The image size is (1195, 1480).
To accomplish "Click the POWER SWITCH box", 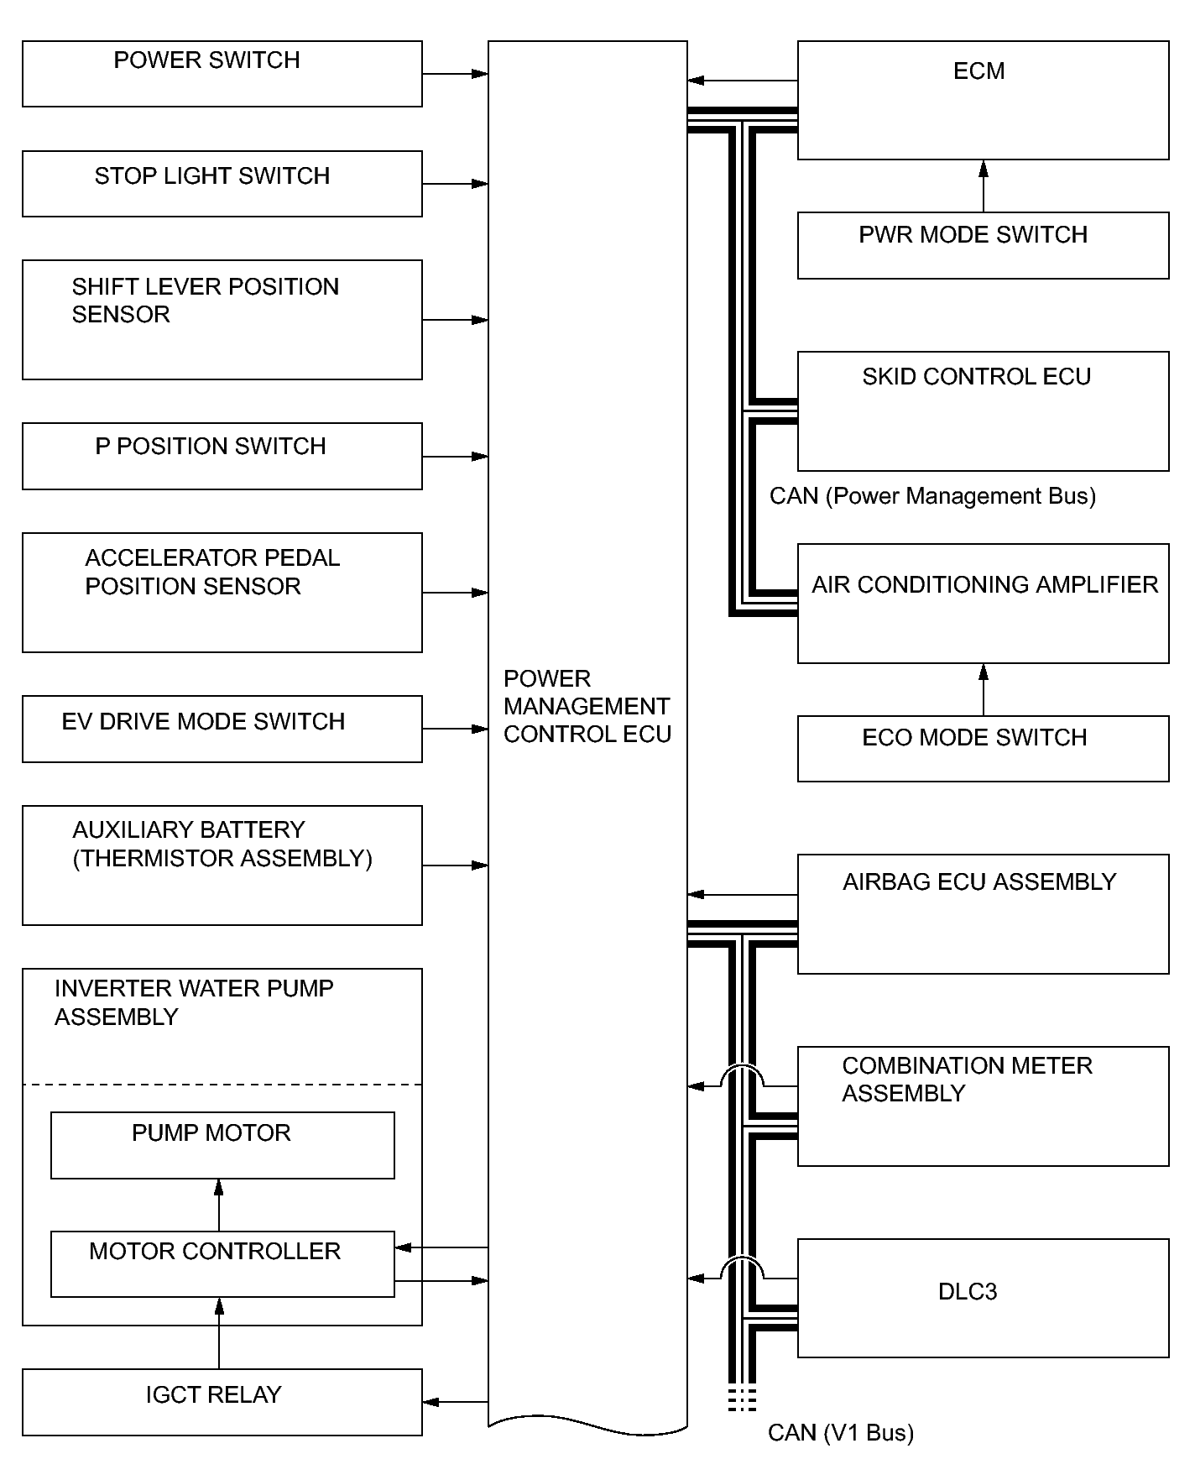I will pos(222,74).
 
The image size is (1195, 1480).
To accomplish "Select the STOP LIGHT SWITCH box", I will pos(222,184).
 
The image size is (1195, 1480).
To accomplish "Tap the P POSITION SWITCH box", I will pos(222,456).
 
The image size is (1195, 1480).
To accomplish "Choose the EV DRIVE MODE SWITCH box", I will pos(222,729).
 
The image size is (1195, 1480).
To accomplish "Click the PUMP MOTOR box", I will pos(222,1145).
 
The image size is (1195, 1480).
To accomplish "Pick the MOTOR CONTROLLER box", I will pos(222,1263).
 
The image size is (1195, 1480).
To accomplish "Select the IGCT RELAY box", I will pos(222,1402).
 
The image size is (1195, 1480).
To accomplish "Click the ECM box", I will pos(983,100).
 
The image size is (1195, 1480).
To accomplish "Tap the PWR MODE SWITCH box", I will pos(983,245).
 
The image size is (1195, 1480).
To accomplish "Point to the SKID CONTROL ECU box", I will pos(983,411).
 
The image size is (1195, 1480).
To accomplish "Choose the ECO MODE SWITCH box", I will pos(983,748).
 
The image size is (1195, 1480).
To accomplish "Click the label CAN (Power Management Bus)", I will pos(932,496).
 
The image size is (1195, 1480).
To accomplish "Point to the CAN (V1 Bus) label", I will pos(840,1432).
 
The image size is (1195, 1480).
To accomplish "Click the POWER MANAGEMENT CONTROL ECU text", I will pos(587,706).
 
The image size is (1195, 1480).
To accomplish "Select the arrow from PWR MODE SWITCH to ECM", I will pos(984,186).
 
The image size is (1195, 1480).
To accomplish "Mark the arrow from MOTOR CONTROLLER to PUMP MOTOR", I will pos(219,1205).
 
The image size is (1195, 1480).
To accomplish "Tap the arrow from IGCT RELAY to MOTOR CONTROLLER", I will pos(219,1333).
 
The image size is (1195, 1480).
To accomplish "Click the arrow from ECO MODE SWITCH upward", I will pos(984,689).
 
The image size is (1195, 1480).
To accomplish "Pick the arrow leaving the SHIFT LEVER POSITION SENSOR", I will pos(455,320).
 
